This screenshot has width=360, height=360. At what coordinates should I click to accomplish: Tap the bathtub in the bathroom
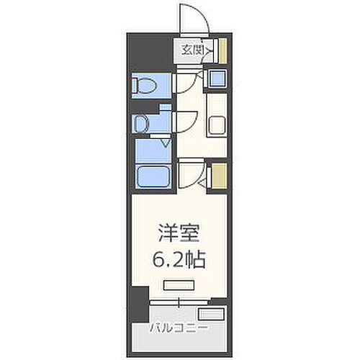pos(153,176)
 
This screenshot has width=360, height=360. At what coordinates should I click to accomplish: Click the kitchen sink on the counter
pos(217,126)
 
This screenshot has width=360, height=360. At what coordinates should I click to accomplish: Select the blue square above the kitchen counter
pos(217,79)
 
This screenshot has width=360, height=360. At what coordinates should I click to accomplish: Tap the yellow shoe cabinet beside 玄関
pos(223,50)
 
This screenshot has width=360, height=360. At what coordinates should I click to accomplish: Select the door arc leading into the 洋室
pos(189,175)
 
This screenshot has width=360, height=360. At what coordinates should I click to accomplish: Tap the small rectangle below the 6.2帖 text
pos(177,285)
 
